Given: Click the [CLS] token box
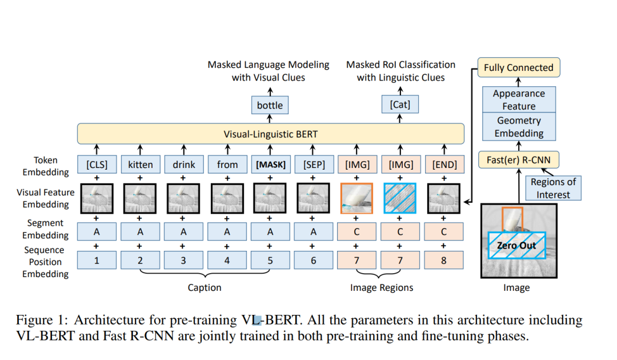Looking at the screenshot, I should pyautogui.click(x=97, y=165).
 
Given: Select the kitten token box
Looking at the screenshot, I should pyautogui.click(x=140, y=165).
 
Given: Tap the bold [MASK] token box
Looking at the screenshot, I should pyautogui.click(x=270, y=165).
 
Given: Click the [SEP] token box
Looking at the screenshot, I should pyautogui.click(x=314, y=165).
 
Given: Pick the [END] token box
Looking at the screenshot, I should pyautogui.click(x=444, y=165).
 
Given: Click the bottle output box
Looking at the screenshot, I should pyautogui.click(x=270, y=105).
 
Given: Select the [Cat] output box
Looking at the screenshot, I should pyautogui.click(x=399, y=105).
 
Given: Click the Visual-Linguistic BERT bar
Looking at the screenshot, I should pyautogui.click(x=270, y=134).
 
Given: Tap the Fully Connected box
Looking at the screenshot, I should pyautogui.click(x=518, y=67).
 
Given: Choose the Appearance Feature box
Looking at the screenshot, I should pyautogui.click(x=519, y=99).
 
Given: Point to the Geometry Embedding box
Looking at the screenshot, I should pyautogui.click(x=519, y=127).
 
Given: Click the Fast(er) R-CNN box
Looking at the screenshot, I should pyautogui.click(x=519, y=159).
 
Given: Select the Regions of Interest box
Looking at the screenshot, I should pyautogui.click(x=553, y=188).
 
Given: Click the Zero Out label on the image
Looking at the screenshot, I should pyautogui.click(x=515, y=245).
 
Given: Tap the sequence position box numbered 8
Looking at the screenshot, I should pyautogui.click(x=444, y=261).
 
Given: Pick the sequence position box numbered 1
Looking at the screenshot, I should pyautogui.click(x=97, y=261).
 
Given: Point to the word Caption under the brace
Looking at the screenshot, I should pyautogui.click(x=205, y=287).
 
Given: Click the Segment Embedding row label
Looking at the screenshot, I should pyautogui.click(x=45, y=229).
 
